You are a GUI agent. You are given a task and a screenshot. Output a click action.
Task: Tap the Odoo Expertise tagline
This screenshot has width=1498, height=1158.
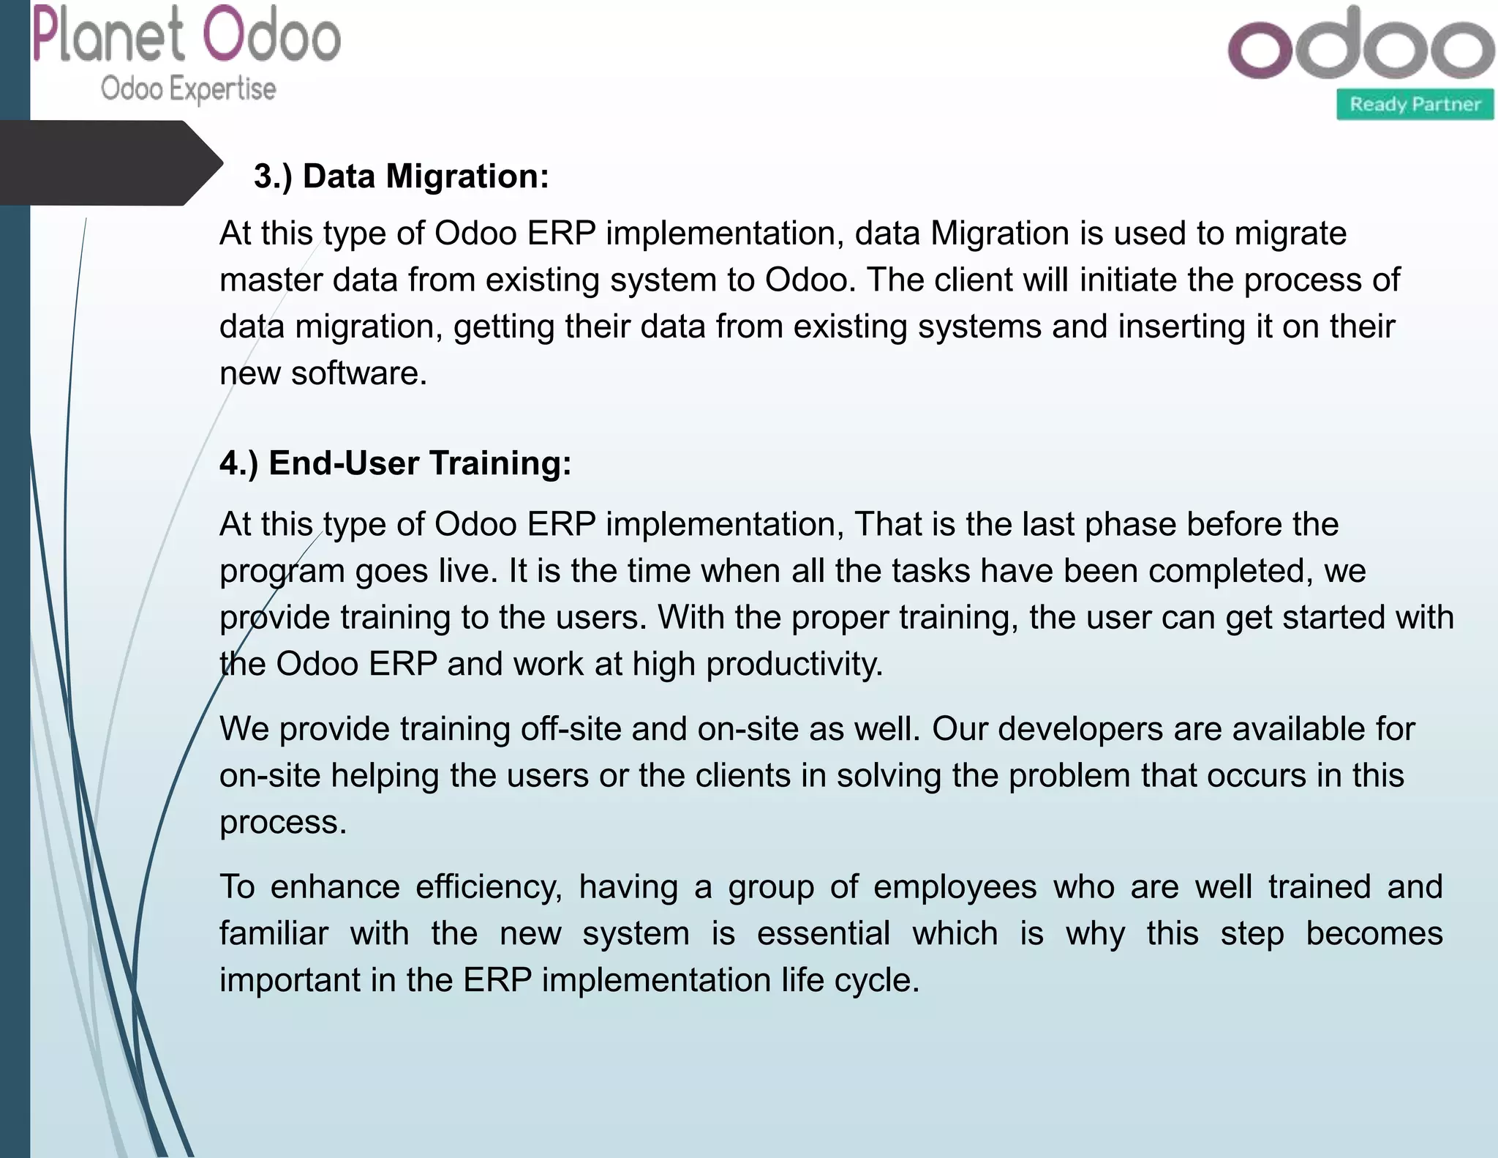(188, 89)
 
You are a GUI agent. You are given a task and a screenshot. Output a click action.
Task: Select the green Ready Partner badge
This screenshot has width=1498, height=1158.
(1415, 105)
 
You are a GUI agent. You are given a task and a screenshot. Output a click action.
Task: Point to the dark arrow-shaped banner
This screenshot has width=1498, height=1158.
(110, 163)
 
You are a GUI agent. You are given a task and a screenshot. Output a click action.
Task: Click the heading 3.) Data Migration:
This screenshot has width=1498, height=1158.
(401, 176)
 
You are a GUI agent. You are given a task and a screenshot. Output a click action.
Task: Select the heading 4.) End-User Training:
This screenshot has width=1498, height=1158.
(395, 463)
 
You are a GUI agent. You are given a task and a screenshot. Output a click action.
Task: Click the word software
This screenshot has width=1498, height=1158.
(358, 373)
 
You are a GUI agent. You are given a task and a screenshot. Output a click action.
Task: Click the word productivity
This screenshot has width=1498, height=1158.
(794, 665)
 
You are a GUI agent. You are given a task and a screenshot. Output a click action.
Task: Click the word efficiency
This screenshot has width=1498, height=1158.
(489, 887)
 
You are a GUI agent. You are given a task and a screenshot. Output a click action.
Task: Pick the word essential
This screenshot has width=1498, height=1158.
(823, 934)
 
